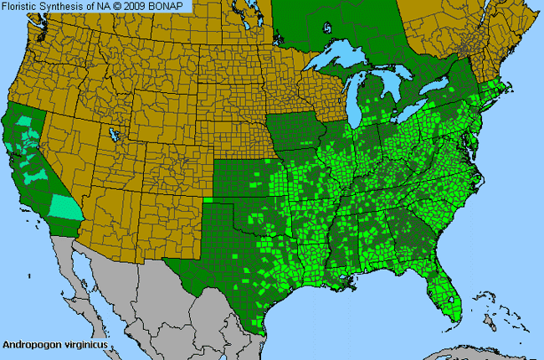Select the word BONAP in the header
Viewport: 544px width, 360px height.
tap(173, 6)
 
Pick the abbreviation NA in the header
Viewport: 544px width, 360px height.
tap(106, 6)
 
